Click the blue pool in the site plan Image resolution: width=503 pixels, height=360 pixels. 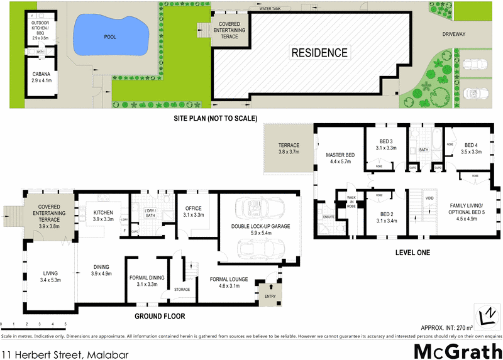coord(111,36)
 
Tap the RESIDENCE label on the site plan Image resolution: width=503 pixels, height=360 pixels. coord(319,53)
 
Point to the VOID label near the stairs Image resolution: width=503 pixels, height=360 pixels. coord(430,198)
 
